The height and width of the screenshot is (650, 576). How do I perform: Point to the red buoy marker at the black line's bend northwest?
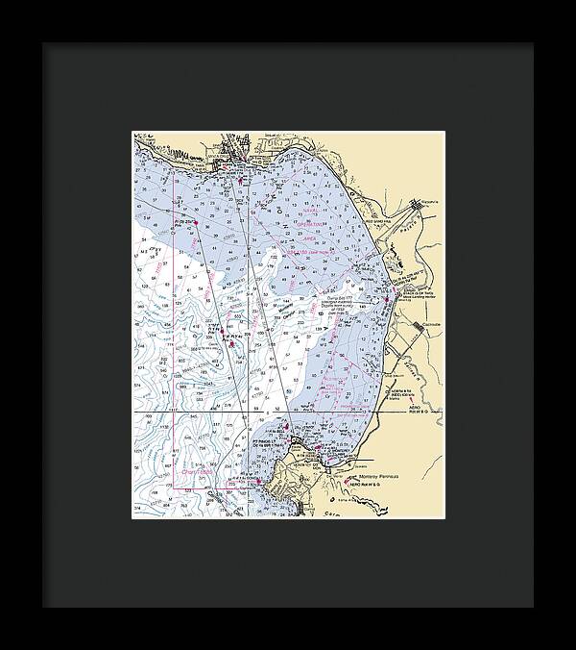195,223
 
